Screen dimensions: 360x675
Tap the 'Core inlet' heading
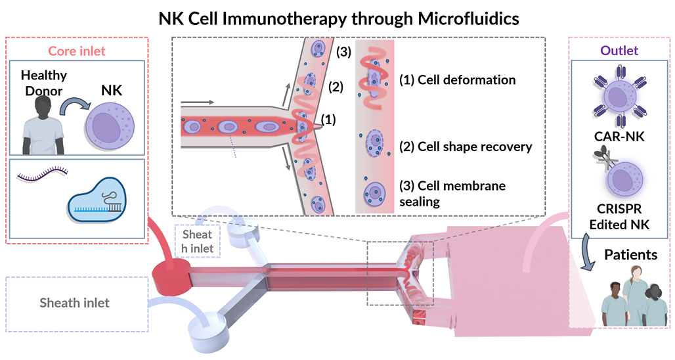pyautogui.click(x=77, y=51)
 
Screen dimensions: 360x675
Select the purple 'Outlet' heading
pyautogui.click(x=619, y=51)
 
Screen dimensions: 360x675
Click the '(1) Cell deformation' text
pyautogui.click(x=458, y=80)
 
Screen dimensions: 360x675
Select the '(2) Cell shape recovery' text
pyautogui.click(x=465, y=145)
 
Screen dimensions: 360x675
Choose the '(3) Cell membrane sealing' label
pyautogui.click(x=453, y=192)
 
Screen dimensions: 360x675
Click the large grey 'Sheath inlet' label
pyautogui.click(x=75, y=303)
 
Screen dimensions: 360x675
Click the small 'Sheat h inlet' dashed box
pyautogui.click(x=197, y=240)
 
